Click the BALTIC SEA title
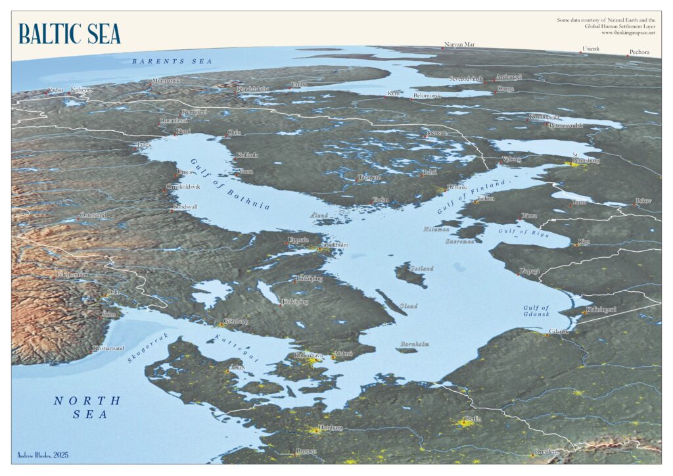(x=70, y=33)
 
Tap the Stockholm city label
(x=336, y=245)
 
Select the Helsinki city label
(x=457, y=187)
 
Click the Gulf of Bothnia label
(x=231, y=185)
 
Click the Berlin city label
(x=473, y=418)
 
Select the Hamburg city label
(x=330, y=427)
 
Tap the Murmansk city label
(x=165, y=80)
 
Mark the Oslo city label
(x=114, y=292)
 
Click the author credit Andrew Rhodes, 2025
(x=43, y=454)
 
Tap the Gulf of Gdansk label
(x=536, y=313)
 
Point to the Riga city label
(x=584, y=241)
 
